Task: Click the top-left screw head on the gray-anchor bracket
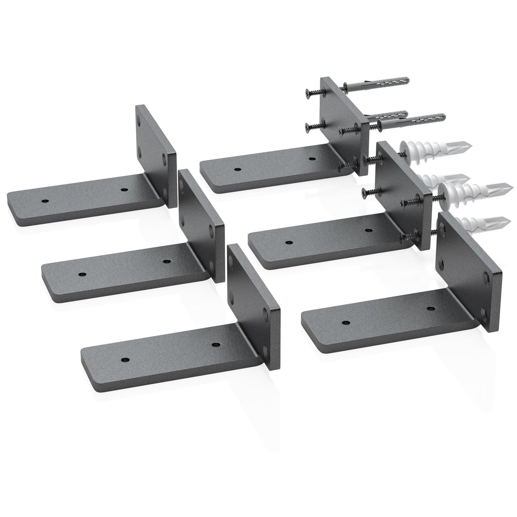[307, 91]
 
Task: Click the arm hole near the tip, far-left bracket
[45, 201]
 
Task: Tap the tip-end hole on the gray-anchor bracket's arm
[237, 169]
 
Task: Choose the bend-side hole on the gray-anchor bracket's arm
[312, 159]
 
